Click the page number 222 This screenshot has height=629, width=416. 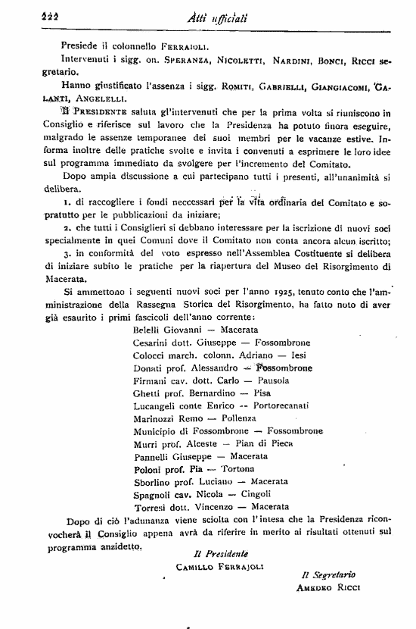pos(31,8)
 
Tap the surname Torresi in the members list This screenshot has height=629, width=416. pos(151,507)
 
